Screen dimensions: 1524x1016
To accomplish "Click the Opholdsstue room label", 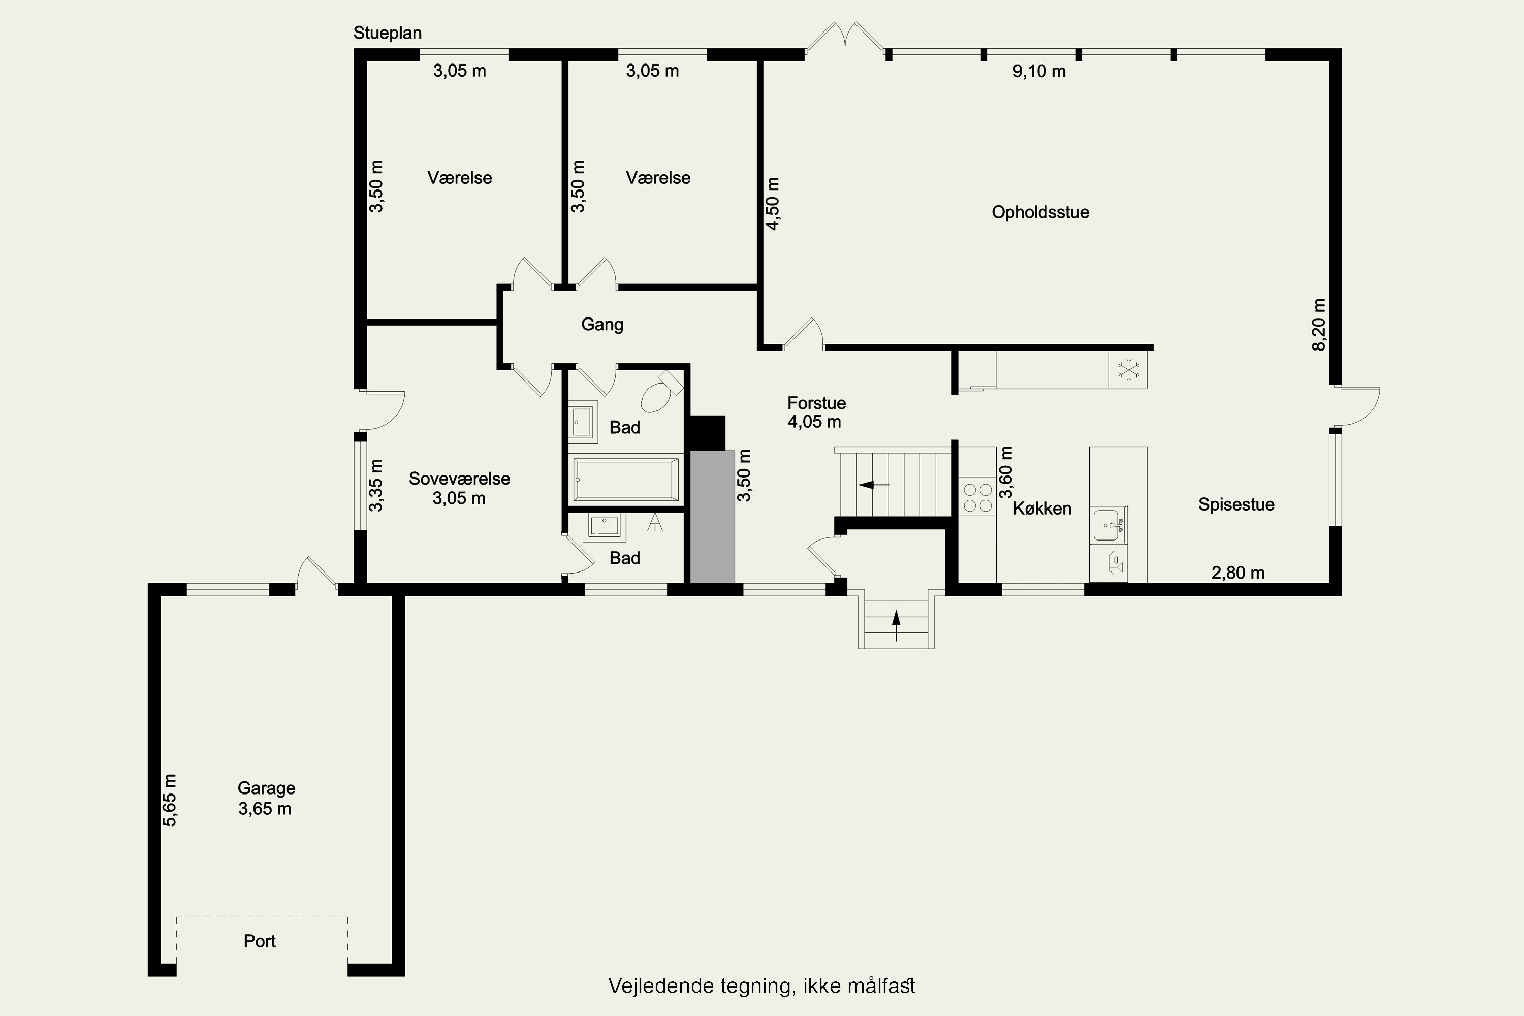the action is [1040, 212].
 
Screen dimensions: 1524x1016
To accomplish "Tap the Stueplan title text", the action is [388, 33].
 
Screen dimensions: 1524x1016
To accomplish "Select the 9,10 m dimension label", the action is [1039, 71].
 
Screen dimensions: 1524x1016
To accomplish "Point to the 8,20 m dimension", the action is [1319, 325].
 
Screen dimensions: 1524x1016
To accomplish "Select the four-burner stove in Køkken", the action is [977, 496].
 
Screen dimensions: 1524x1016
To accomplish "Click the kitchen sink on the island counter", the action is [1110, 525].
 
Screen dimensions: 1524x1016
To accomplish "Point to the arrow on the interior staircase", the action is [874, 485].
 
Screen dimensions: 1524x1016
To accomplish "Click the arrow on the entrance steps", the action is [897, 626].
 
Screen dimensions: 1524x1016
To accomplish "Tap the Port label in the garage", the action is [260, 941].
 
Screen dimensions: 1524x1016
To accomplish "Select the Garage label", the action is [266, 788].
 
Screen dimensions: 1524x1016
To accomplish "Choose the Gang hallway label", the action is [602, 325].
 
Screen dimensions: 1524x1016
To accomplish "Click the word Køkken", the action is [1042, 509].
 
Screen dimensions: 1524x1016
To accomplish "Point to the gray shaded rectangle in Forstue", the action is [712, 517].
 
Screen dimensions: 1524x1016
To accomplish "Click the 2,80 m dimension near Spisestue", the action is [1237, 573].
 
